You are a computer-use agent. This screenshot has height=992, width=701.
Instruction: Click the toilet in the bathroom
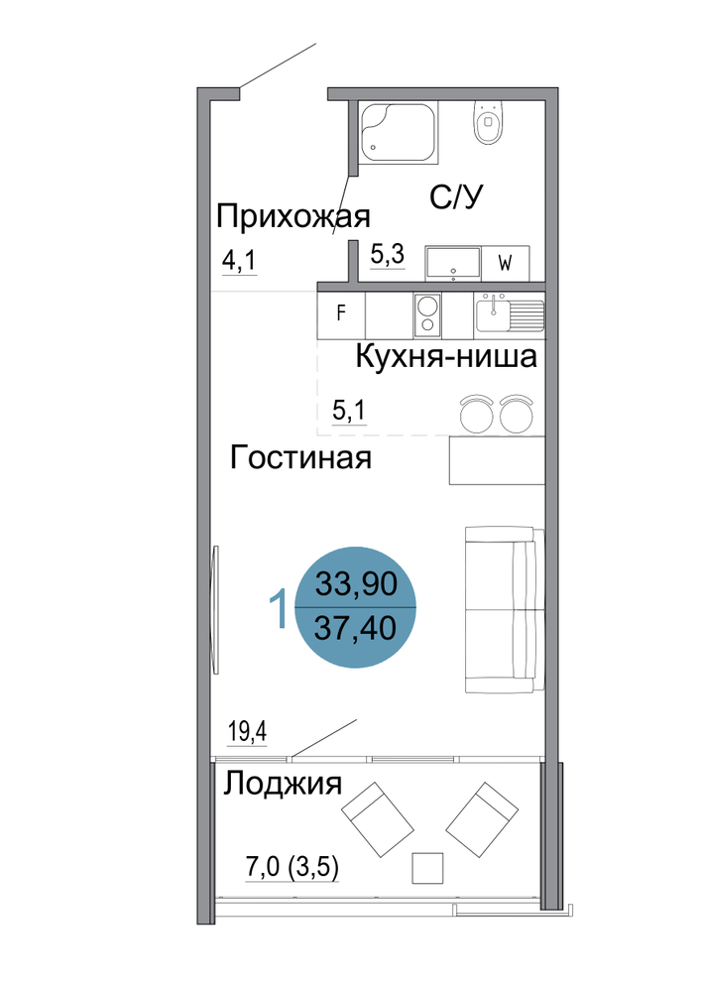click(x=488, y=121)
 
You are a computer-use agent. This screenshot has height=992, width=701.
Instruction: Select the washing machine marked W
click(x=505, y=263)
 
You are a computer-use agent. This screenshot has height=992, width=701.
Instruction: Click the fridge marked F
click(x=341, y=312)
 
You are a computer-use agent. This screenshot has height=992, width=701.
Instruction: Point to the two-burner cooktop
click(x=428, y=314)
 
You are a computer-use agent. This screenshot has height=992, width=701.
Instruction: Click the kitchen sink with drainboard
click(x=509, y=312)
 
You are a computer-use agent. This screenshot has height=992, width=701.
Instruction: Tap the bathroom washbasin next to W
click(x=453, y=263)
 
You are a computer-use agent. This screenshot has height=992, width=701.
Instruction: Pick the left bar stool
click(x=477, y=414)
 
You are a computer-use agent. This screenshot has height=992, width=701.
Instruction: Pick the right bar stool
click(x=517, y=414)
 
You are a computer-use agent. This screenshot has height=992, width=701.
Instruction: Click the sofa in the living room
click(x=505, y=609)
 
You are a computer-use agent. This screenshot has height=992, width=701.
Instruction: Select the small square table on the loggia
click(x=427, y=867)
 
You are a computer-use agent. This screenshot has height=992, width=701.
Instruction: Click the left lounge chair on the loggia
click(x=378, y=819)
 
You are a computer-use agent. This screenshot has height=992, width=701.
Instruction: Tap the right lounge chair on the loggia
click(x=482, y=819)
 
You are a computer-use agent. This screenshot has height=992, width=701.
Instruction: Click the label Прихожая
click(x=292, y=217)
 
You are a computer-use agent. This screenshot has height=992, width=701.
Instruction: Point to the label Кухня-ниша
click(x=446, y=356)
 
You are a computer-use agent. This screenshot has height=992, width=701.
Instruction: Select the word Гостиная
click(x=300, y=456)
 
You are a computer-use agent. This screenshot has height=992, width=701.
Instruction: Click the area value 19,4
click(x=247, y=732)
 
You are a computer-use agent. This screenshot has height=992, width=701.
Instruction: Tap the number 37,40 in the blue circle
click(x=355, y=628)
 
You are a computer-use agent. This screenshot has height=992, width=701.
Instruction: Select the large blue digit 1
click(x=279, y=607)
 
